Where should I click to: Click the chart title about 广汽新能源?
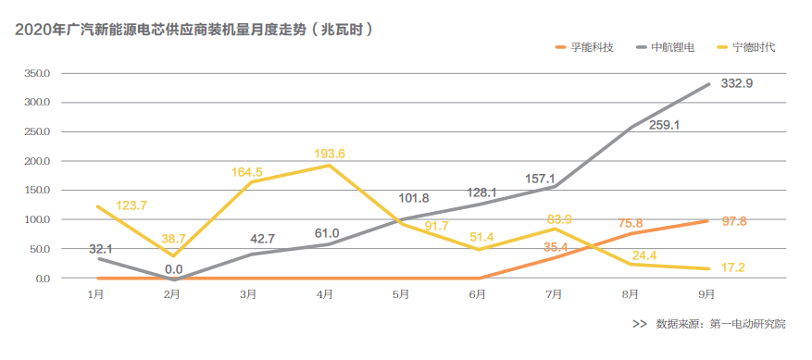click(x=194, y=30)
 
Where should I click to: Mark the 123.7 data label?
click(x=131, y=205)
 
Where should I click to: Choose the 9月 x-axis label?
click(x=707, y=295)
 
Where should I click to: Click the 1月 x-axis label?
click(x=95, y=295)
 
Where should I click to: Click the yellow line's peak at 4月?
click(x=326, y=166)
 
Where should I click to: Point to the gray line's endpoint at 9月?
click(x=709, y=84)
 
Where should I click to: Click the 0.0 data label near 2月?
click(x=172, y=268)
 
